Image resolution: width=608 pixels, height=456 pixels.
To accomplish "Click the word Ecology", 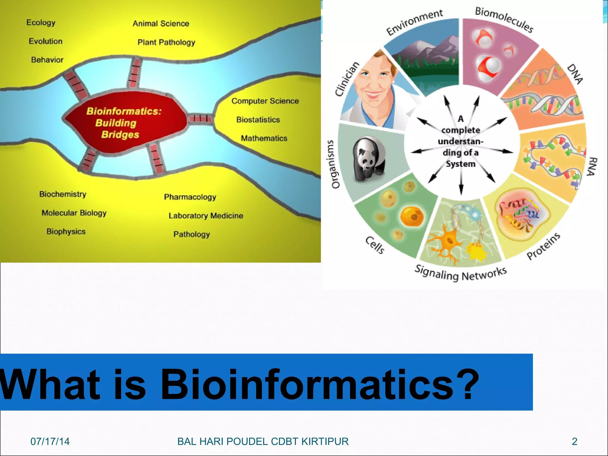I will pos(41,23).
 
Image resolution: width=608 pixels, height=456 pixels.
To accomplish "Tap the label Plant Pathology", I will pos(166,42).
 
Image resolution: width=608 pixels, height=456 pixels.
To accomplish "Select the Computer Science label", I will pos(265,101).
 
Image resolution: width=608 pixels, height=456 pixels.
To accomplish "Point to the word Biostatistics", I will pos(258,120).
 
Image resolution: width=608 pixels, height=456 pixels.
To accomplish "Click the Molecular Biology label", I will pos(74,213).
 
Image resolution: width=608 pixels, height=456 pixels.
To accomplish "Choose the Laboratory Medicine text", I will pos(206,216).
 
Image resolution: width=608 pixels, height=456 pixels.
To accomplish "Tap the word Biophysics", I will pos(66,232).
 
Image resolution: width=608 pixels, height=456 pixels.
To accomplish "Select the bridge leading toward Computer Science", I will pos(200,118).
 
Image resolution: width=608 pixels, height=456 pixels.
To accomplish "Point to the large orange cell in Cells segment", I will pos(412,216).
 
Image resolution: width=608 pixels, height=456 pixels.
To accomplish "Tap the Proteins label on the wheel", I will pos(543,246).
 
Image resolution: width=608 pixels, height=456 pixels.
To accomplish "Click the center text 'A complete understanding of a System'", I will pos(460,142).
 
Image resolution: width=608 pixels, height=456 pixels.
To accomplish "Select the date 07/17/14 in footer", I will pos(50,441).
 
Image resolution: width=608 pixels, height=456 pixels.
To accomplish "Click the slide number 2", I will pos(574,441).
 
